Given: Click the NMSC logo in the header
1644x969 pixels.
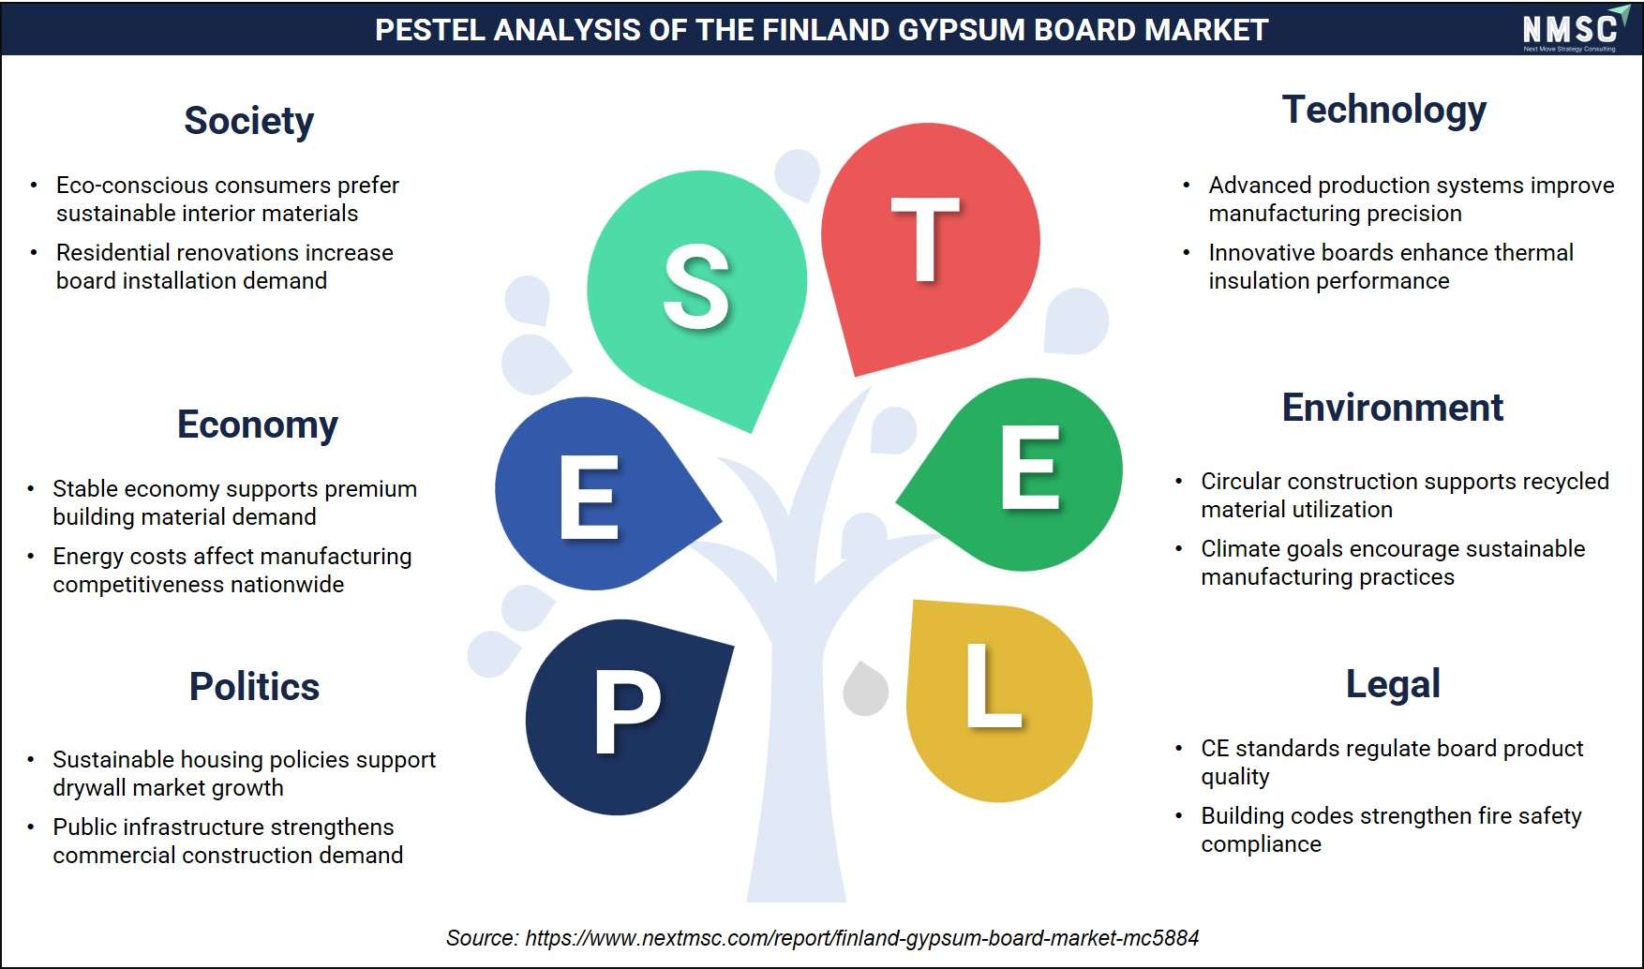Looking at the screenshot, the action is tap(1570, 29).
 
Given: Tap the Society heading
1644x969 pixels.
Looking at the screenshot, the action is tap(248, 121).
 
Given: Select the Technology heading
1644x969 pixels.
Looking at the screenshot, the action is tap(1383, 111).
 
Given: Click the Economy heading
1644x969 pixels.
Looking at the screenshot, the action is tap(257, 425).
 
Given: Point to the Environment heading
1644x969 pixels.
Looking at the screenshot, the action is tap(1392, 408).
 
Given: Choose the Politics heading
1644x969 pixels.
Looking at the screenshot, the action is tap(254, 687).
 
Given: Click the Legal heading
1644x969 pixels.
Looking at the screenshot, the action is tap(1393, 685).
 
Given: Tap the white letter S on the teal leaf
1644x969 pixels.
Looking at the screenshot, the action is tap(696, 287).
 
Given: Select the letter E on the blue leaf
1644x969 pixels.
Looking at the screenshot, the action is tap(589, 497).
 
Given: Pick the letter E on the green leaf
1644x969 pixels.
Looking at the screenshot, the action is tap(1029, 467).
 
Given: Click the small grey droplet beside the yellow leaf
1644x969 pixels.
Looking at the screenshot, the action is tap(865, 689).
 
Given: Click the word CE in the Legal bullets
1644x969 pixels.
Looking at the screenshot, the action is tap(1215, 748).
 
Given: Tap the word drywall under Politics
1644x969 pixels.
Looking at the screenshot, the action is tap(87, 787).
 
